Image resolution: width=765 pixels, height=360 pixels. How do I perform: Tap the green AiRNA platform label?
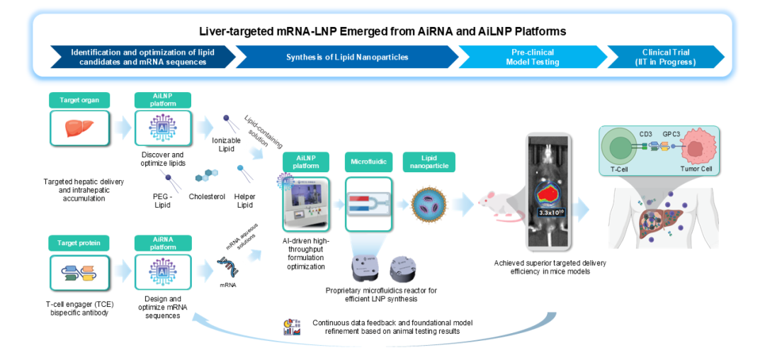point(163,242)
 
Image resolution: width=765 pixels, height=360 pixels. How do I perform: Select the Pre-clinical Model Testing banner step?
point(531,57)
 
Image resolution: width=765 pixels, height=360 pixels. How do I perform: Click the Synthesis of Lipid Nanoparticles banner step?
point(346,57)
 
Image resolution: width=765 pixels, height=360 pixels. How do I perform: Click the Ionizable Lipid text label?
point(227,144)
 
